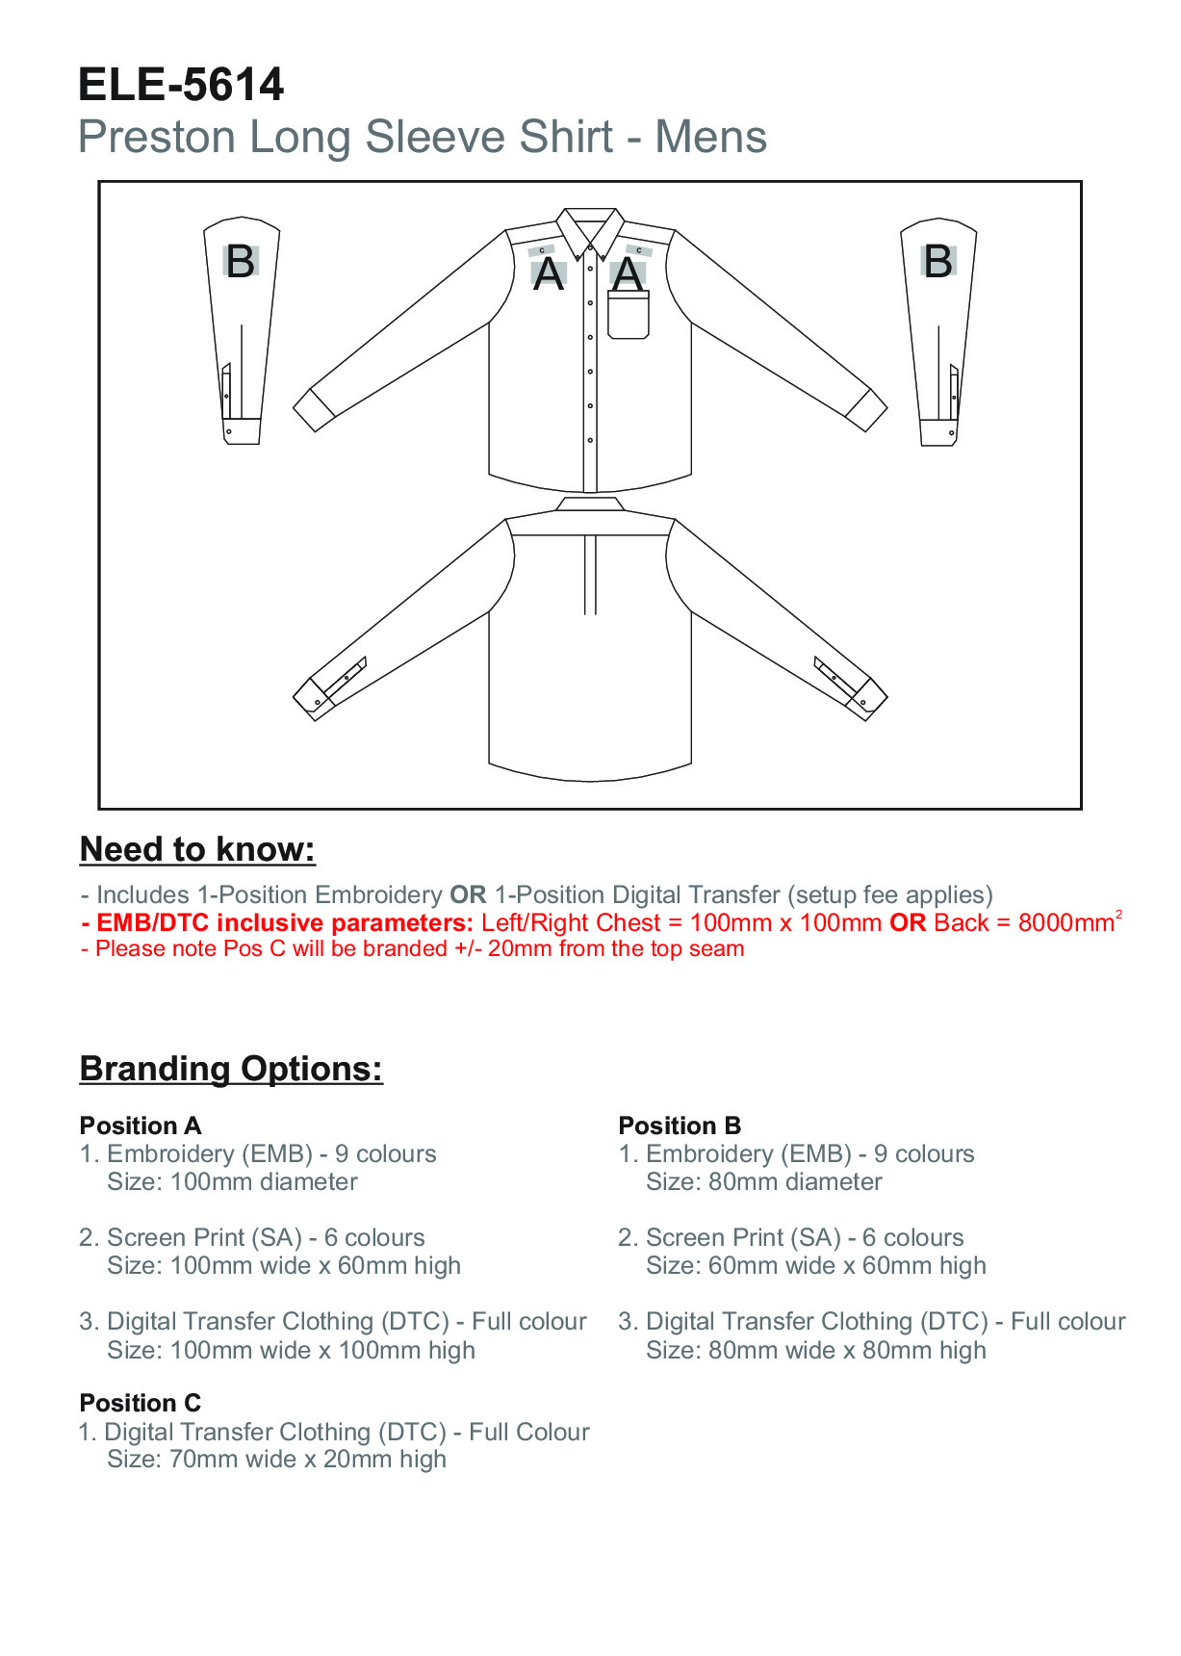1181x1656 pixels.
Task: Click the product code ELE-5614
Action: pyautogui.click(x=181, y=85)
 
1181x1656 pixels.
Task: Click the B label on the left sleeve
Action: pyautogui.click(x=240, y=262)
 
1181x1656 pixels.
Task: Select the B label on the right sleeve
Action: pyautogui.click(x=937, y=262)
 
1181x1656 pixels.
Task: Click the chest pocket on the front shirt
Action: pyautogui.click(x=629, y=315)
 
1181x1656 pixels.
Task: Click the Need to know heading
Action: pyautogui.click(x=197, y=849)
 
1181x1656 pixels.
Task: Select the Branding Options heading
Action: pyautogui.click(x=231, y=1069)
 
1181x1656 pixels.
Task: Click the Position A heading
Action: pyautogui.click(x=141, y=1126)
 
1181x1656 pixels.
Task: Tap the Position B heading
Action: pyautogui.click(x=680, y=1126)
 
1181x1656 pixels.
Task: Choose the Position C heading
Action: pyautogui.click(x=141, y=1403)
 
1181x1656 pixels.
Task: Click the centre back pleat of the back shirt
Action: pyautogui.click(x=590, y=574)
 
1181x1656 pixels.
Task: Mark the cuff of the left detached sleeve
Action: pyautogui.click(x=243, y=430)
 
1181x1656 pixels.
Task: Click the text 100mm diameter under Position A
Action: pyautogui.click(x=264, y=1182)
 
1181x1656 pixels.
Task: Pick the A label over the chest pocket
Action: pyautogui.click(x=628, y=275)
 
